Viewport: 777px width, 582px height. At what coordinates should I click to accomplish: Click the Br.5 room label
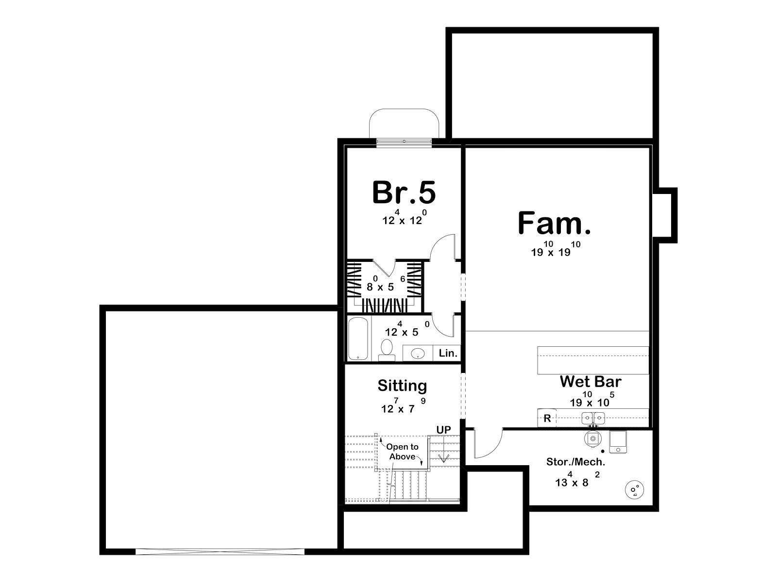[x=404, y=193]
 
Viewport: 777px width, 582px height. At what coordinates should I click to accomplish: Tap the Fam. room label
[x=555, y=223]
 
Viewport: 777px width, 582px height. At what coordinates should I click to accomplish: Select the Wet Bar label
[x=591, y=382]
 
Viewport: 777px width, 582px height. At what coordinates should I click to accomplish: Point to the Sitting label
[x=402, y=386]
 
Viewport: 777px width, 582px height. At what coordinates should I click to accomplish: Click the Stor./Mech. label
[x=575, y=462]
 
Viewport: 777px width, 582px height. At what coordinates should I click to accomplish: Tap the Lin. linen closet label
[x=448, y=353]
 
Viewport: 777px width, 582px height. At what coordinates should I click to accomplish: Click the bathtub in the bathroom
[x=358, y=339]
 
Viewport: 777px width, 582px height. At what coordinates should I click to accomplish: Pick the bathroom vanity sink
[x=418, y=353]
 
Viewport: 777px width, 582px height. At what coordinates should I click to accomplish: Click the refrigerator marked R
[x=547, y=419]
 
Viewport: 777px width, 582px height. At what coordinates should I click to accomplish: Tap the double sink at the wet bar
[x=593, y=419]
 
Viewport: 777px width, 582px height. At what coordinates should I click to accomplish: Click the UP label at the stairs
[x=443, y=430]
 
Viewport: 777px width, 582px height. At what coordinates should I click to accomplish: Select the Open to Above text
[x=402, y=452]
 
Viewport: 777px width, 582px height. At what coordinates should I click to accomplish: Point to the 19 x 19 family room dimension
[x=556, y=249]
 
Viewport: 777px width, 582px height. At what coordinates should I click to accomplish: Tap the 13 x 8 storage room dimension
[x=577, y=479]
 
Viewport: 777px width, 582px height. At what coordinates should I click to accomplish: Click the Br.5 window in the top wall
[x=404, y=141]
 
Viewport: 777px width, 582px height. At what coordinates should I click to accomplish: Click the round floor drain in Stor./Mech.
[x=634, y=490]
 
